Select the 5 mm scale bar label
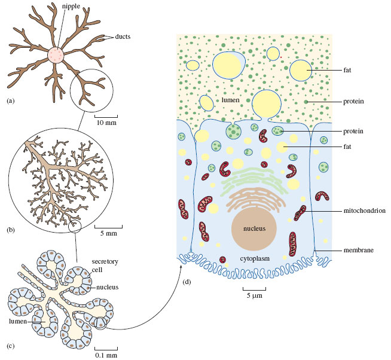tap(108, 233)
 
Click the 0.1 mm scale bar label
tap(106, 354)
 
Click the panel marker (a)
tap(10, 100)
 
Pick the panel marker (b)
tap(10, 230)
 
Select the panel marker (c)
tap(10, 345)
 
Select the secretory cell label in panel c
tap(104, 266)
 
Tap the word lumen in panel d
tap(231, 100)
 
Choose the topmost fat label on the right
tap(347, 70)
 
